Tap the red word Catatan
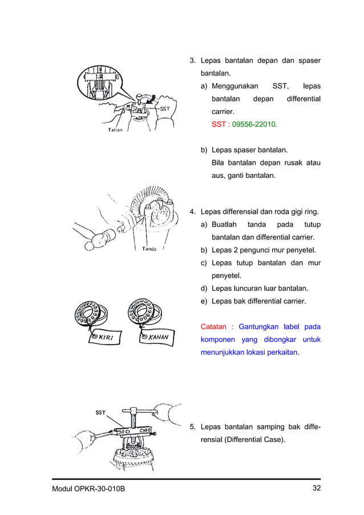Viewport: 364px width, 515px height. pos(214,327)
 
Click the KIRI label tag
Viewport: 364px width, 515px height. pos(104,337)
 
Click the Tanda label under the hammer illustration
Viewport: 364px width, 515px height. pos(149,249)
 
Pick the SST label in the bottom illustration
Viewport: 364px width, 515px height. pos(99,412)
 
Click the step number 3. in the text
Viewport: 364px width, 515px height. pos(193,61)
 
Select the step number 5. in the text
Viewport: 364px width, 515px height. pos(193,426)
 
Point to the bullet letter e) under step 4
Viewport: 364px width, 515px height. pos(204,301)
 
